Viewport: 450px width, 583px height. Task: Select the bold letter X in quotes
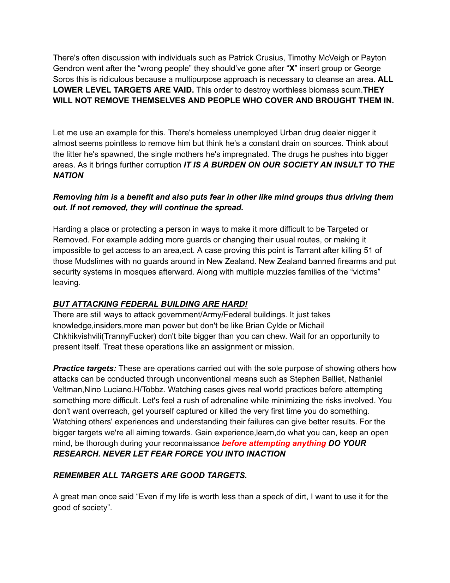[292, 69]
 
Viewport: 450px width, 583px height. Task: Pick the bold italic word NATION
[68, 176]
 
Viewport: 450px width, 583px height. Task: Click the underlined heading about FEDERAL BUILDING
[150, 304]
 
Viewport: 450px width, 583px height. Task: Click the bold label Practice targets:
[85, 369]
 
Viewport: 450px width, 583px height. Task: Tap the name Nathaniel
[365, 379]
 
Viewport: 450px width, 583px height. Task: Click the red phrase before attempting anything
[274, 443]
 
